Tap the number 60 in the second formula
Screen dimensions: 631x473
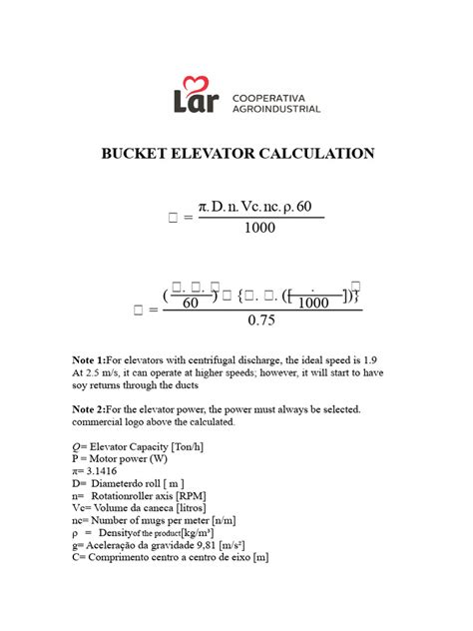point(189,304)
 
